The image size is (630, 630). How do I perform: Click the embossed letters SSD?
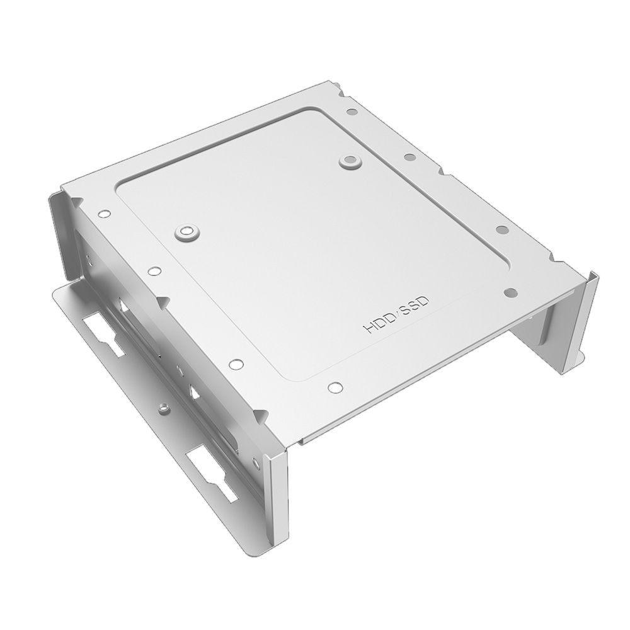[415, 305]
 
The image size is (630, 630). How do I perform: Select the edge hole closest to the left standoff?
[152, 272]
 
